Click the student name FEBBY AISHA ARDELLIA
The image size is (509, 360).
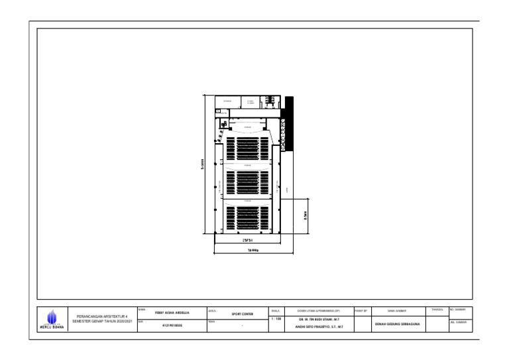pos(172,312)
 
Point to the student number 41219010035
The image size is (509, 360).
pos(172,325)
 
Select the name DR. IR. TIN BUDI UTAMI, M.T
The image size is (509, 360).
pos(319,318)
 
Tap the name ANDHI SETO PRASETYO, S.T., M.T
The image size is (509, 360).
pos(319,326)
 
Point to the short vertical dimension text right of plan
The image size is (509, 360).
pos(306,216)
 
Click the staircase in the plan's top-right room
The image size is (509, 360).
pos(270,101)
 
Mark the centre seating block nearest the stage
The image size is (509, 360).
pos(247,147)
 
